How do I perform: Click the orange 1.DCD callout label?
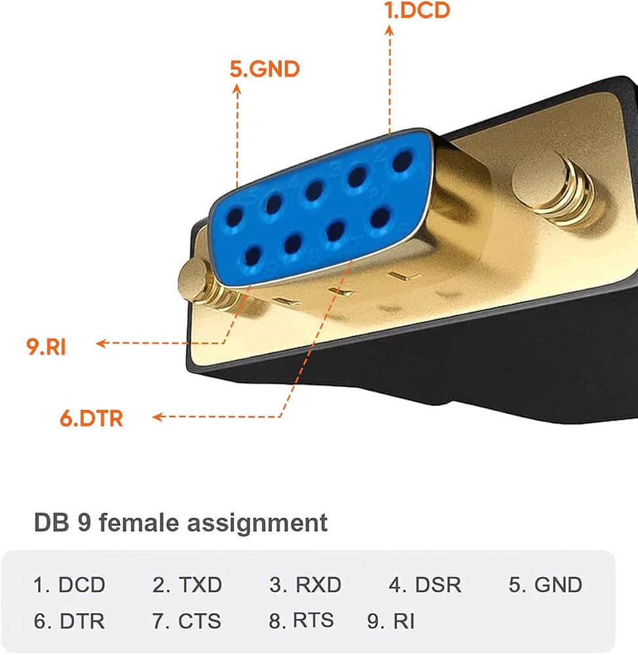[x=417, y=10]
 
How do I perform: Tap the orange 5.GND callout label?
[x=265, y=69]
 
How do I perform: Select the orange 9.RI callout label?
[x=46, y=346]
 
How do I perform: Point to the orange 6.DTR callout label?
[x=92, y=418]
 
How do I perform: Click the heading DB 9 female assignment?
[x=181, y=523]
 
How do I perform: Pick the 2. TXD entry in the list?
[x=187, y=585]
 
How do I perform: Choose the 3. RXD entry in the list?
[x=305, y=585]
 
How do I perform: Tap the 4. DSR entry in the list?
[x=425, y=585]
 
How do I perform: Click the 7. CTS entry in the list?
[x=186, y=621]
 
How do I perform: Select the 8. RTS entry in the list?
[x=301, y=620]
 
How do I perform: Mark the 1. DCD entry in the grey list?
[x=69, y=585]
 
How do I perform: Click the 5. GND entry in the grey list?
[x=545, y=585]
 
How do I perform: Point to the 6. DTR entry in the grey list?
[x=69, y=621]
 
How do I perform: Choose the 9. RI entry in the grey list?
[x=390, y=621]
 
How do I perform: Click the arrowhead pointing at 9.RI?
[x=102, y=343]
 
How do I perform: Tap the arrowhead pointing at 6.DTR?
[x=157, y=417]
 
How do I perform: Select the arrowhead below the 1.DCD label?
[x=389, y=31]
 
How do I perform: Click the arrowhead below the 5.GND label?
[x=237, y=89]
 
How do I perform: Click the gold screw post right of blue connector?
[x=552, y=187]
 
